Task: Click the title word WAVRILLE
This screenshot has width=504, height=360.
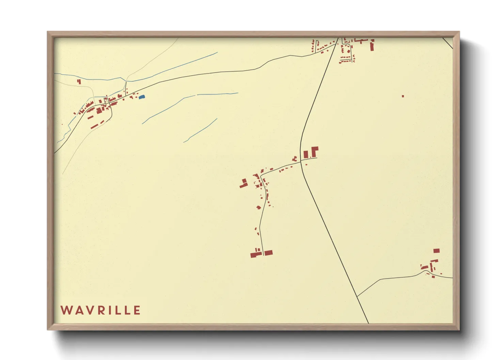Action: [100, 310]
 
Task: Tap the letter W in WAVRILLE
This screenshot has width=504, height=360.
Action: [66, 310]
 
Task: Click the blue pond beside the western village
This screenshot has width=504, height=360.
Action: [142, 97]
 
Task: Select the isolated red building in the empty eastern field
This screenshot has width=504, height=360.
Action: [403, 96]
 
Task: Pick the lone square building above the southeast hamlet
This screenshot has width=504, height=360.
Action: [436, 251]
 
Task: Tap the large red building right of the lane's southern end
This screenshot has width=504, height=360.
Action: [269, 252]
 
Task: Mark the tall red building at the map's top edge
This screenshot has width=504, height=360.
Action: [372, 46]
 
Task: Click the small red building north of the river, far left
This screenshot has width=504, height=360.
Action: [79, 81]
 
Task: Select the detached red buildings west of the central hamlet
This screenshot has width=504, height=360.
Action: [243, 183]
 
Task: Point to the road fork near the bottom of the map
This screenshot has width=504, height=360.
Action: [357, 296]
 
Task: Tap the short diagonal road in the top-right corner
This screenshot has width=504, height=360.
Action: [447, 43]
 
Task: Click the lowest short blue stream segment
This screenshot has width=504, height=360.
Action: [200, 130]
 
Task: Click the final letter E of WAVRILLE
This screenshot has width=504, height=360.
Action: [137, 310]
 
